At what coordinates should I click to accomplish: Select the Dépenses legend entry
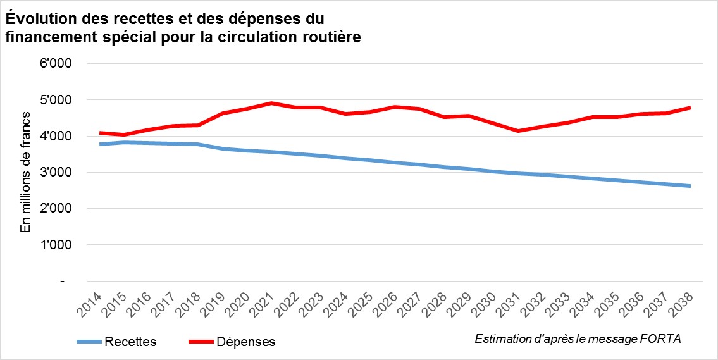[x=246, y=342]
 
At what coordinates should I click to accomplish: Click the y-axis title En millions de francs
[x=26, y=172]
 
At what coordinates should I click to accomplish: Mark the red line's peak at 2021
[x=269, y=102]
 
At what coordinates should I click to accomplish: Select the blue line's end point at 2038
[x=690, y=186]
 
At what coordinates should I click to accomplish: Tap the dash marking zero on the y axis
[x=62, y=281]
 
